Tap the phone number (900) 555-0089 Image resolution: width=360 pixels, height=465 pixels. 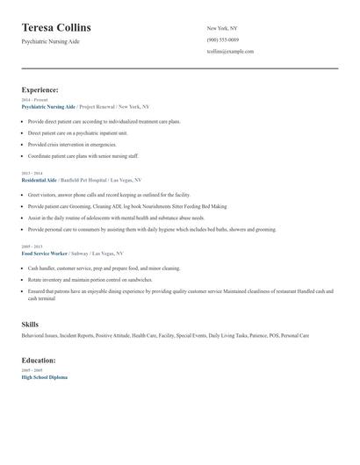click(x=222, y=39)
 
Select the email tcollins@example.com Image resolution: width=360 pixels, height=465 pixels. click(x=230, y=51)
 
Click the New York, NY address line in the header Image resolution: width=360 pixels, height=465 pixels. click(x=222, y=28)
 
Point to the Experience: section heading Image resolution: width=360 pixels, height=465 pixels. click(x=40, y=89)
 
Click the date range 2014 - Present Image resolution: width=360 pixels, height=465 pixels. click(x=34, y=100)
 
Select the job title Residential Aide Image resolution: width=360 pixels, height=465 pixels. click(x=39, y=179)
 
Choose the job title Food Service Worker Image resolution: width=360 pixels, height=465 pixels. click(x=45, y=253)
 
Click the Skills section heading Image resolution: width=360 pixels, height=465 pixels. click(x=30, y=325)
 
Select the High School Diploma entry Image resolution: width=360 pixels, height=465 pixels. click(x=44, y=376)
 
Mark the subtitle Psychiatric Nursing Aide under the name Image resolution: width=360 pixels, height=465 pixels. click(x=56, y=42)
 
